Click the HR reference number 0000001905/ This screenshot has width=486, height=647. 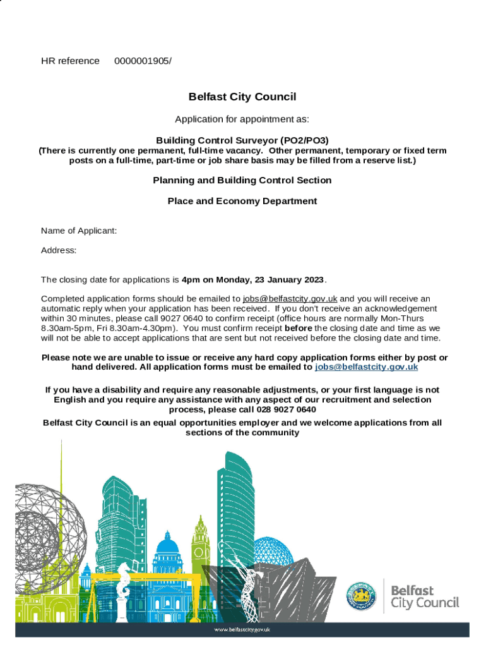(x=143, y=61)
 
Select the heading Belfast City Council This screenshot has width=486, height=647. (x=242, y=97)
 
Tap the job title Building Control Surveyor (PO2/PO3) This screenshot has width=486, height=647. (x=242, y=140)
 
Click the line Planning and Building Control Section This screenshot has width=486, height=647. (x=242, y=181)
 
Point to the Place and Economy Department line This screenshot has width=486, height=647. (x=242, y=202)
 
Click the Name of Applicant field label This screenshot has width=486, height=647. (x=79, y=231)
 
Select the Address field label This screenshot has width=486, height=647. (x=59, y=251)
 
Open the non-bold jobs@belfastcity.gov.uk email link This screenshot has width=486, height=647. (x=290, y=299)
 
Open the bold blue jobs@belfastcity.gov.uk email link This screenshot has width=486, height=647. (x=366, y=367)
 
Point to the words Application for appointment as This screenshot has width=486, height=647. (x=242, y=119)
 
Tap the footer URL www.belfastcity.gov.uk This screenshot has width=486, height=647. (x=242, y=629)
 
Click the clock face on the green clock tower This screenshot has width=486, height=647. (x=201, y=553)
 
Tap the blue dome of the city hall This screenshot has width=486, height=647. (x=167, y=545)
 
